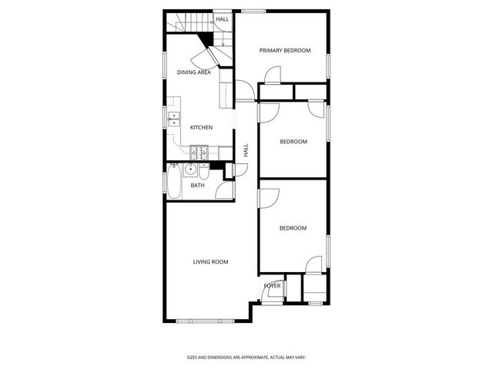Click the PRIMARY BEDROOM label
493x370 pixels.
[x=284, y=51]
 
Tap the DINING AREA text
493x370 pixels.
[x=194, y=72]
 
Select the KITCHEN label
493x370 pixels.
[x=201, y=127]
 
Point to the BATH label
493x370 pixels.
[x=198, y=185]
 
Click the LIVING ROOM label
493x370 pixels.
[x=210, y=262]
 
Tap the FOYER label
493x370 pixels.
[x=272, y=286]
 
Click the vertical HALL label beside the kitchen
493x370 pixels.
[x=246, y=150]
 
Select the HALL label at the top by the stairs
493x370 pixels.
[x=223, y=19]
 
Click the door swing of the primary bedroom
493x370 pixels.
[x=272, y=75]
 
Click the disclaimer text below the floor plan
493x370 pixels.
[x=246, y=357]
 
